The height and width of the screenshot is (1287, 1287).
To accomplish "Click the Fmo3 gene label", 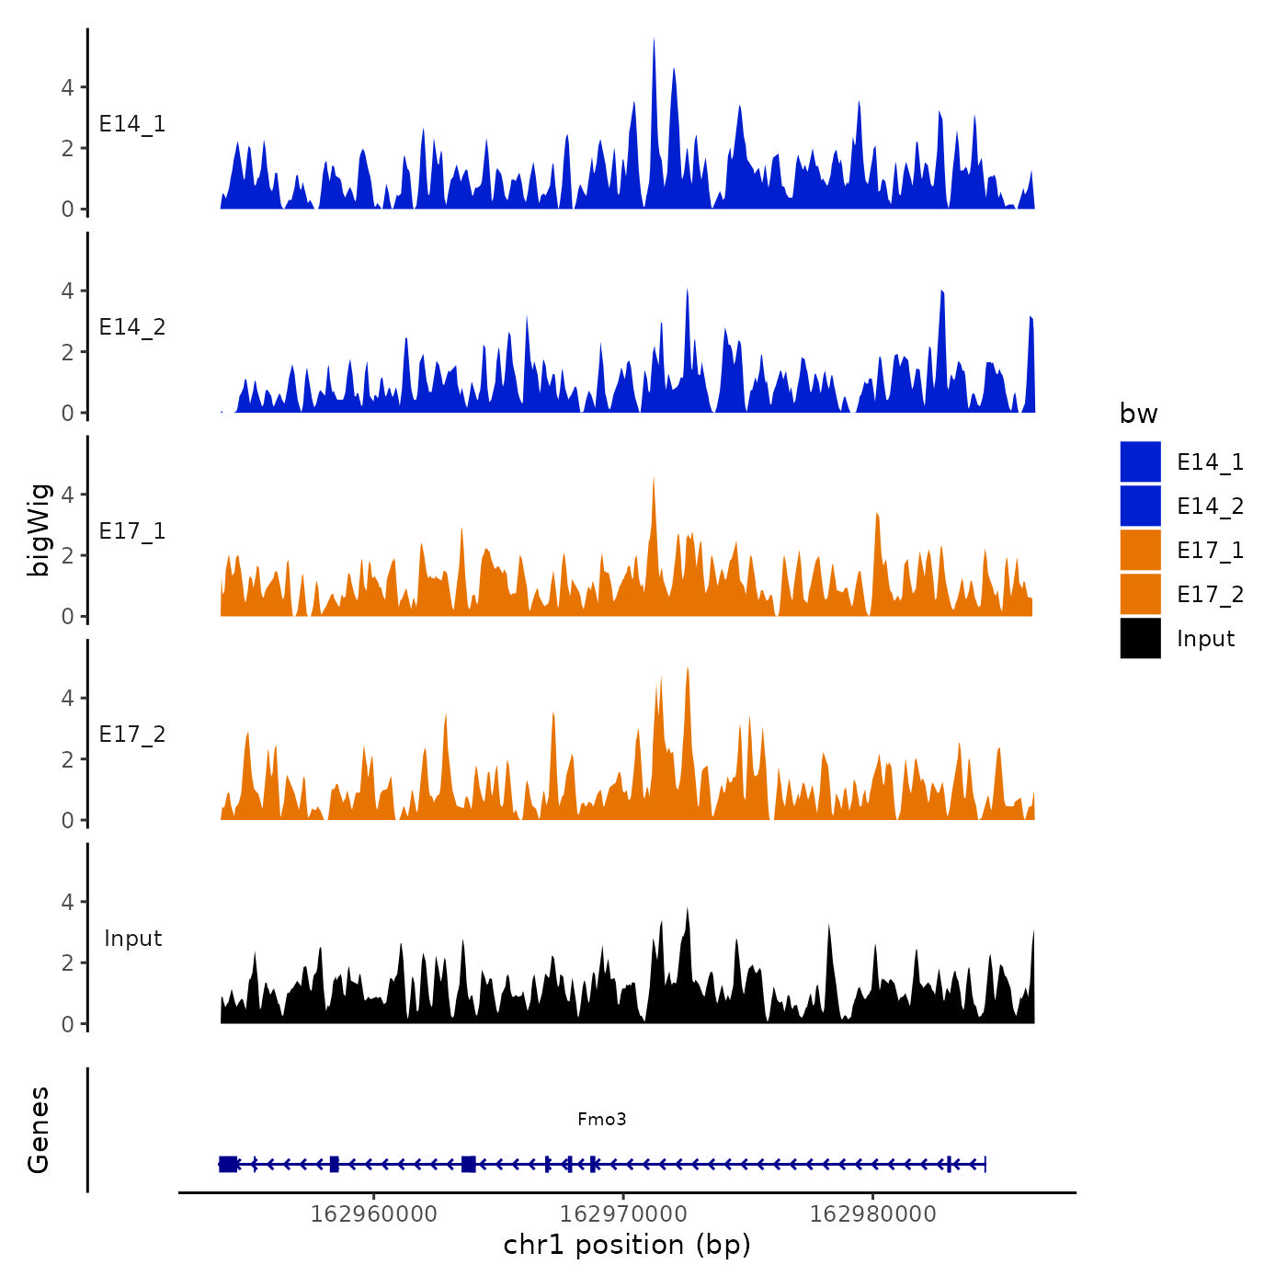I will tap(602, 1119).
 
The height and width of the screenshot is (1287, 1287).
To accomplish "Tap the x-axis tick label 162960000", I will tap(374, 1213).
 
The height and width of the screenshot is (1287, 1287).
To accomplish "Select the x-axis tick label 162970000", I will tap(623, 1213).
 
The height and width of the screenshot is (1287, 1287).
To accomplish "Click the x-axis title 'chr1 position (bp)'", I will tap(627, 1245).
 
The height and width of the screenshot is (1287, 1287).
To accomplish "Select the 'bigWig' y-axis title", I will tap(39, 530).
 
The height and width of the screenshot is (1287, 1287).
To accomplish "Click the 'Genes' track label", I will tap(39, 1130).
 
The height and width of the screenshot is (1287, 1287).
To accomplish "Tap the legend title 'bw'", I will tap(1138, 414).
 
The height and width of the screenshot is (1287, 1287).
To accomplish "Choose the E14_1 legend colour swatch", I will tap(1140, 461).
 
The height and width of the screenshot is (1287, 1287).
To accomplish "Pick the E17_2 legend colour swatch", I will tap(1140, 594).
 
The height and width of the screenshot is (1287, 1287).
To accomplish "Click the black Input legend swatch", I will tap(1140, 638).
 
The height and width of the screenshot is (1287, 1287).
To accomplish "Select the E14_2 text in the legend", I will tap(1210, 507).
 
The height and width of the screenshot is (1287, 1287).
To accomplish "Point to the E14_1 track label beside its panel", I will tap(132, 124).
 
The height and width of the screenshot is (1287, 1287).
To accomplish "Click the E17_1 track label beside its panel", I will tap(132, 531).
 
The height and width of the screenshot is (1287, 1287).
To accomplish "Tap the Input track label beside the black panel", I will tap(132, 939).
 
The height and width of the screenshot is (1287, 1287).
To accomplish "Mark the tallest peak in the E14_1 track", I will tap(654, 40).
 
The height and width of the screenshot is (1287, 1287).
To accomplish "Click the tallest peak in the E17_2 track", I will tap(688, 669).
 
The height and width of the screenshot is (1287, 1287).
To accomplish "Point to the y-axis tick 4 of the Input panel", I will tap(67, 902).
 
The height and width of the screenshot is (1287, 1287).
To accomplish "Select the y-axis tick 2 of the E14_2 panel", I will tap(67, 352).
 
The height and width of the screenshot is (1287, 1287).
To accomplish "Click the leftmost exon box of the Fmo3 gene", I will tap(228, 1164).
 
